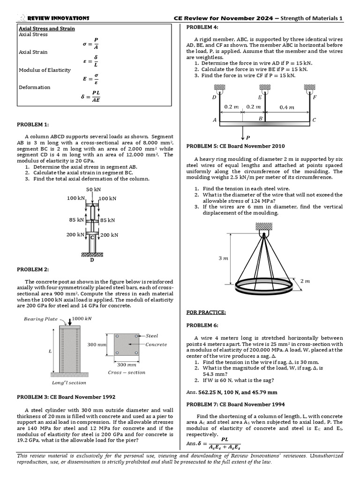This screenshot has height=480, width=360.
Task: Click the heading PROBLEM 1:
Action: coord(33,125)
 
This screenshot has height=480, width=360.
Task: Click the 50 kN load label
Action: coord(93,189)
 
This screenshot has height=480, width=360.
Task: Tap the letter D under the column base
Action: coord(92,260)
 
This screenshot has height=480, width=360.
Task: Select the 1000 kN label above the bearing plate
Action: coord(82,318)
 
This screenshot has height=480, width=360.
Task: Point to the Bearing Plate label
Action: coord(41,319)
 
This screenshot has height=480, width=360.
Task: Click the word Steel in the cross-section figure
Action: coord(152,336)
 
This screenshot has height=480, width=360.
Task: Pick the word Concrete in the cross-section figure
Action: coord(156,345)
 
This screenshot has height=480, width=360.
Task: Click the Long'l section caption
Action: coord(69,382)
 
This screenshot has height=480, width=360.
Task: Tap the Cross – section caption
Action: coord(127,373)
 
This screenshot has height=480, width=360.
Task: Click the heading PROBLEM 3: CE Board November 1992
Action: coord(66,397)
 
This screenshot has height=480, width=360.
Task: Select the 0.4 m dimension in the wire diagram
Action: coord(287,107)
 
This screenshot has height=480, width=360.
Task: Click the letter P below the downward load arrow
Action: coord(248,138)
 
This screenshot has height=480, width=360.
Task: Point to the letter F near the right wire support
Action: coord(315,97)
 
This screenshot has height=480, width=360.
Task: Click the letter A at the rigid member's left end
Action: coord(215,120)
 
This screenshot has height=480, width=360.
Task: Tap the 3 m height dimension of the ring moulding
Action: coord(223,258)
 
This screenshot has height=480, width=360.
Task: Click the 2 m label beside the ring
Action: coord(305,281)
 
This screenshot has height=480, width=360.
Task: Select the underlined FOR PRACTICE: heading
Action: coord(206,312)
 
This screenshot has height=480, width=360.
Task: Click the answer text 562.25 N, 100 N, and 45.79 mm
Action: coord(238,392)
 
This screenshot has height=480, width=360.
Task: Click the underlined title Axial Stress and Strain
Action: coord(43,28)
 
